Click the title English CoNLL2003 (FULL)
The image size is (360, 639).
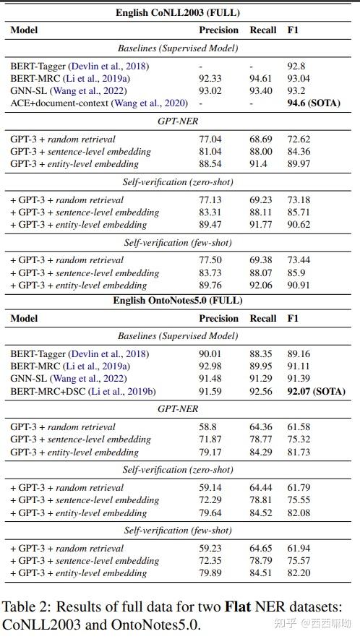[178, 13]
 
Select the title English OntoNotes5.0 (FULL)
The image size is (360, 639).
[177, 301]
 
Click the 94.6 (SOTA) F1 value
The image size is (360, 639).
[314, 103]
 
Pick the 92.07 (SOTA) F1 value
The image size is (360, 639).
[316, 391]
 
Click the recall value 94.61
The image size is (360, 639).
[261, 78]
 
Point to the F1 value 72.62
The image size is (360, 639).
[298, 139]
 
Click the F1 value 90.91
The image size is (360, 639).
[298, 285]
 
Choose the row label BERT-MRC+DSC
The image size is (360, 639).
[48, 391]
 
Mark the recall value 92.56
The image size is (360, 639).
[261, 391]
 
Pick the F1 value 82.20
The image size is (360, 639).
[298, 573]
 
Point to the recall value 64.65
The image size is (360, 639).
[261, 548]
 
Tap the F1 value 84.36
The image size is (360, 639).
[298, 152]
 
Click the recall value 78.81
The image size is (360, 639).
[261, 499]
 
